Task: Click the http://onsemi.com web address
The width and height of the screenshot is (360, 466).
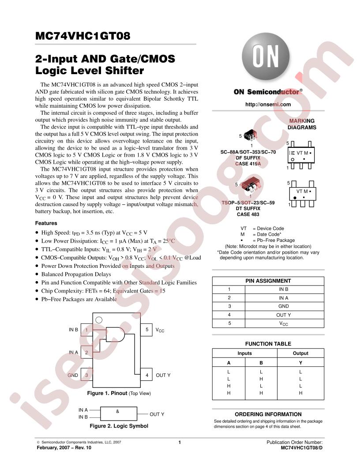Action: click(x=268, y=104)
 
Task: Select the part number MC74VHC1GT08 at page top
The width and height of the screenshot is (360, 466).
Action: click(x=82, y=36)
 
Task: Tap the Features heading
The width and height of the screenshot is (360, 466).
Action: click(x=46, y=223)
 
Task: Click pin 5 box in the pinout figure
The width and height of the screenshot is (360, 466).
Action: click(x=146, y=330)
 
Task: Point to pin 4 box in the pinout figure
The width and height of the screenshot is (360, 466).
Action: click(x=146, y=375)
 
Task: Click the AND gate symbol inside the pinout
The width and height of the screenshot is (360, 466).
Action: click(x=115, y=334)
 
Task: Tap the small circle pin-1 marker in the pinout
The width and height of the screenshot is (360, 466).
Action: click(x=99, y=320)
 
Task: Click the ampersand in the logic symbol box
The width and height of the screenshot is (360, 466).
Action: click(x=118, y=411)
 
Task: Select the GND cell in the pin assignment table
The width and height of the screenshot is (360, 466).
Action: click(x=284, y=306)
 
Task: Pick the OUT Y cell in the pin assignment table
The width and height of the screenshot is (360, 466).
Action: click(x=284, y=315)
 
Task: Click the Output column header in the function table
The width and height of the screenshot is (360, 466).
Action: click(x=300, y=353)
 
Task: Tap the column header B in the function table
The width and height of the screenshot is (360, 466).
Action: click(x=261, y=363)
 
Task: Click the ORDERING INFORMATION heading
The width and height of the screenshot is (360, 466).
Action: click(x=268, y=414)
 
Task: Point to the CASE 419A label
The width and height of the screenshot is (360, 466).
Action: click(x=248, y=164)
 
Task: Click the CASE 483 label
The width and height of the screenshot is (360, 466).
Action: click(x=248, y=214)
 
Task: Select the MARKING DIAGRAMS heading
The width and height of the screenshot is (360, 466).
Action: click(x=302, y=124)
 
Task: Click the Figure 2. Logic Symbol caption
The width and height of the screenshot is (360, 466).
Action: click(x=119, y=426)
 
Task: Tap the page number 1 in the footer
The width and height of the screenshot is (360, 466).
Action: click(x=180, y=442)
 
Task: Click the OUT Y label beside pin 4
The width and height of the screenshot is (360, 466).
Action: click(x=163, y=376)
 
